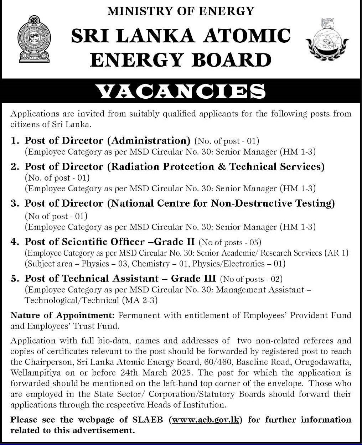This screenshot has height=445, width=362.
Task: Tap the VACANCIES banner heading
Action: [181, 92]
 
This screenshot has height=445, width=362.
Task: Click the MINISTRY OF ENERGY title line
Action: [181, 11]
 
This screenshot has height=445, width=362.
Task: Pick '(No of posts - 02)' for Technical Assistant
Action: [251, 279]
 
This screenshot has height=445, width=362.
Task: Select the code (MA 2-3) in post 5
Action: [139, 300]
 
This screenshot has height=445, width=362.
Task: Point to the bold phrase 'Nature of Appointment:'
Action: [62, 315]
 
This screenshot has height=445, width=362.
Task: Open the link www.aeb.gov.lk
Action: [206, 420]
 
